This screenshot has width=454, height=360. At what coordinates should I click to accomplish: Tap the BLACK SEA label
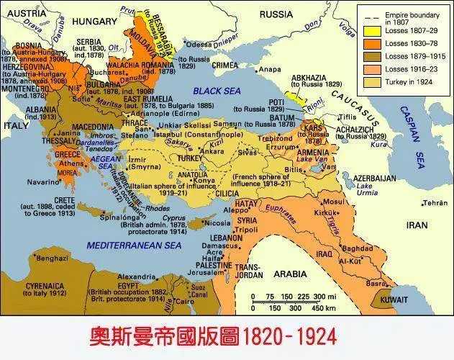[217, 91]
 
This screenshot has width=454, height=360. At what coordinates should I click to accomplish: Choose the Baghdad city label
[357, 248]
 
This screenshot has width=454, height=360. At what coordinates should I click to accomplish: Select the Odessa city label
[199, 43]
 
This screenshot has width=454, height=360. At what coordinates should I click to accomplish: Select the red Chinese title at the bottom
[212, 336]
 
